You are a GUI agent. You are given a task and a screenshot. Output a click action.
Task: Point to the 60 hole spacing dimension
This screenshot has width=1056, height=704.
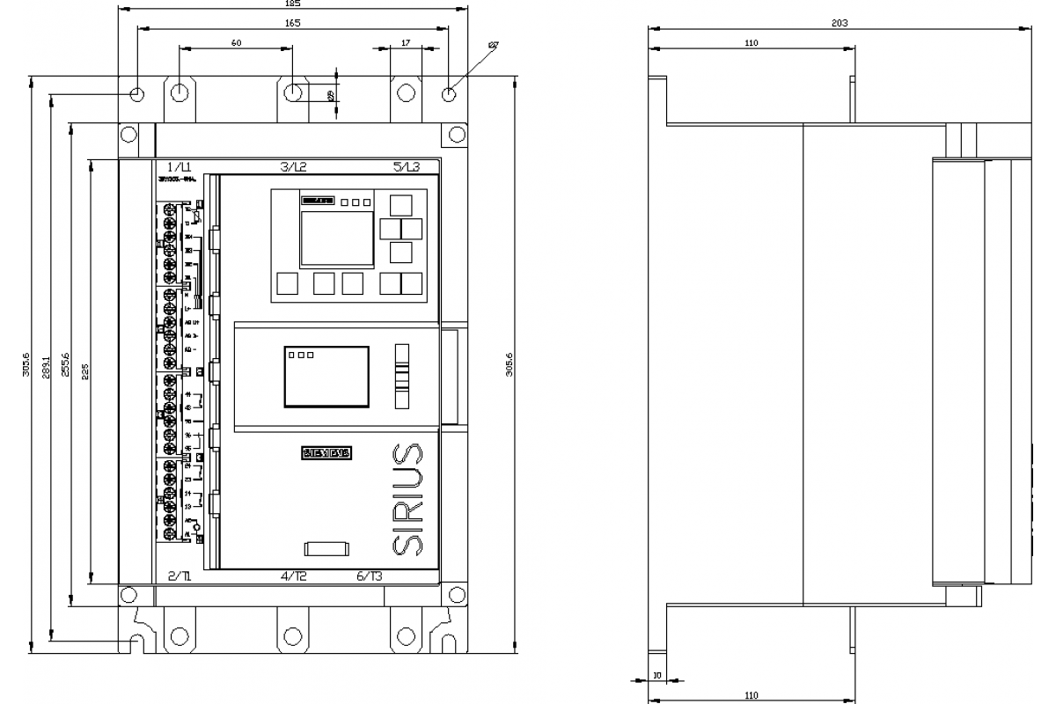[237, 42]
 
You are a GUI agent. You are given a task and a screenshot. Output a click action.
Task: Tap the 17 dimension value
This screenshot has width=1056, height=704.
[405, 42]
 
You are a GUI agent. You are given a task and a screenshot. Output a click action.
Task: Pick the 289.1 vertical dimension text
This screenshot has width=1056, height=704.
[45, 367]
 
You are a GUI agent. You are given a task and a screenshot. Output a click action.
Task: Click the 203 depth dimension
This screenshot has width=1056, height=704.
[840, 24]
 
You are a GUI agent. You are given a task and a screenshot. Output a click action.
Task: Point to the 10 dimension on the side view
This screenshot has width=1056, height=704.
[656, 677]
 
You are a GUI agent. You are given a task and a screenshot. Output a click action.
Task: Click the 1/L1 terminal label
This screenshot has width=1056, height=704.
[180, 167]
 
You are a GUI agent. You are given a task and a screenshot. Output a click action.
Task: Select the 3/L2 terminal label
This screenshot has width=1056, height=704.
[293, 167]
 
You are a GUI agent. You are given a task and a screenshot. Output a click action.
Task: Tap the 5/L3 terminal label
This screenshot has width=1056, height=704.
[406, 167]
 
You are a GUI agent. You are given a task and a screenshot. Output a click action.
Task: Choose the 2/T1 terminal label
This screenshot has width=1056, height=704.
[180, 576]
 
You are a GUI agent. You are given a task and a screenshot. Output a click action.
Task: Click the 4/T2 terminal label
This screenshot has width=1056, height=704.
[293, 576]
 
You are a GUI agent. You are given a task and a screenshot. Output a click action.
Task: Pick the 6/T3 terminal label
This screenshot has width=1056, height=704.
[370, 576]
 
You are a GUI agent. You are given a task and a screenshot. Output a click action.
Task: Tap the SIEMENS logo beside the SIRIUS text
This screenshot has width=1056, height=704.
[326, 453]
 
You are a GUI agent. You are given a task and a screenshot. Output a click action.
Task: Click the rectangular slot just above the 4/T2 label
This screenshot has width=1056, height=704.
[326, 549]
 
